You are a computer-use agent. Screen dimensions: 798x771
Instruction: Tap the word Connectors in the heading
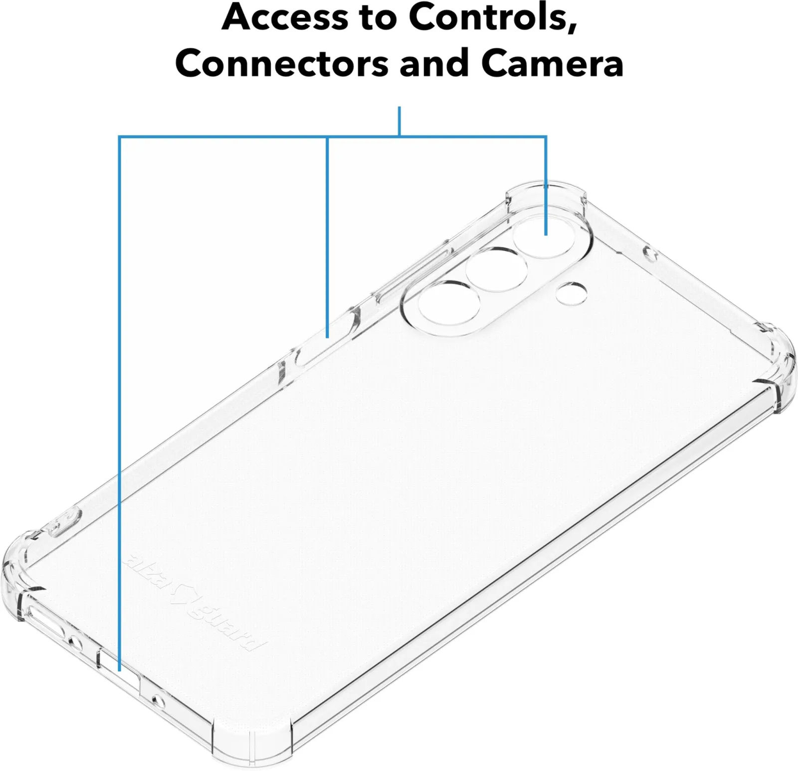click(281, 63)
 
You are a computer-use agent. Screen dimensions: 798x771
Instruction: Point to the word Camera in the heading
click(552, 63)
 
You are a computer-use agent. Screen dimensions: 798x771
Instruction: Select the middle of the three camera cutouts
click(497, 270)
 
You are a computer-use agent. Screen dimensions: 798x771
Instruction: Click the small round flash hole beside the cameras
click(572, 293)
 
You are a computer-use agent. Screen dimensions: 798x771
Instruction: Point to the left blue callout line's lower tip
click(120, 670)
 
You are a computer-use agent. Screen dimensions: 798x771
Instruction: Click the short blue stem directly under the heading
click(399, 121)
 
